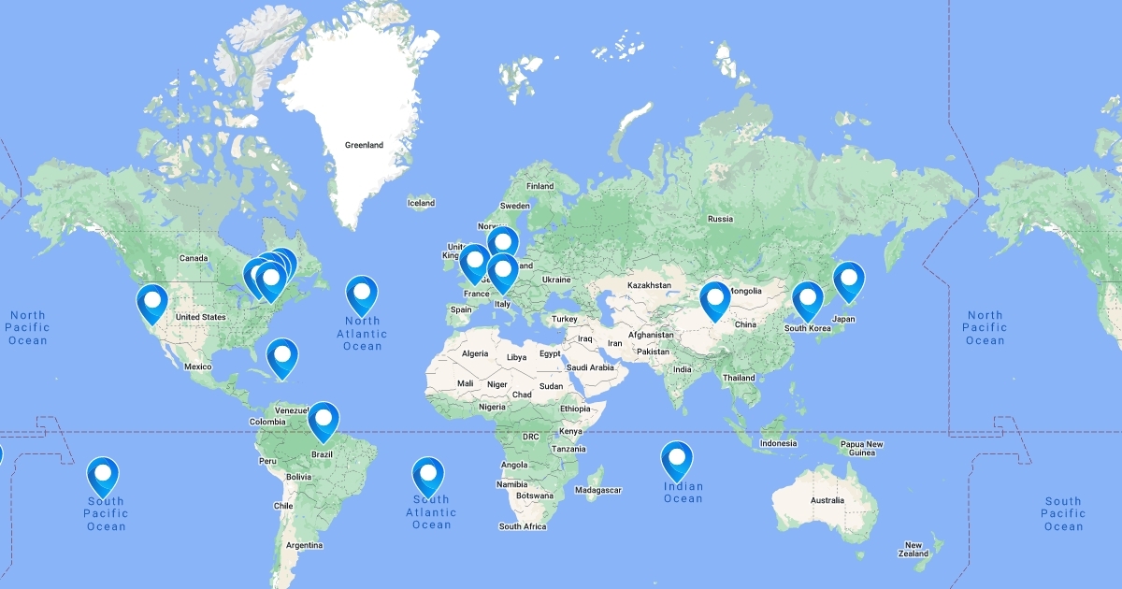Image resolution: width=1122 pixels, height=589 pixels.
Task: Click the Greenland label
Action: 364,146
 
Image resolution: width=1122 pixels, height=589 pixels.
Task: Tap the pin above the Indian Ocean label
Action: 677,459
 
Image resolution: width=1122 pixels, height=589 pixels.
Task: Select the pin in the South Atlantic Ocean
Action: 428,475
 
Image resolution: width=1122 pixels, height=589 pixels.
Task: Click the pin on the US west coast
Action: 151,302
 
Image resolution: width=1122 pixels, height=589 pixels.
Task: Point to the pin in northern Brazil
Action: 324,420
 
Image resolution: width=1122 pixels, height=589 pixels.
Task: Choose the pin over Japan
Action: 849,280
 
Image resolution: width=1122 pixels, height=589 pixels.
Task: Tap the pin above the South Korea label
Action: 808,299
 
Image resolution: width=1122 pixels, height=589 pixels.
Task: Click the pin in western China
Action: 715,299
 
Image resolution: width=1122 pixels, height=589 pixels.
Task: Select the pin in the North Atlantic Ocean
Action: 362,294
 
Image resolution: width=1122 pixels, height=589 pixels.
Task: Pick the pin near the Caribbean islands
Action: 282,357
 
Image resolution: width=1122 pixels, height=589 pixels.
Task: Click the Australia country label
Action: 827,500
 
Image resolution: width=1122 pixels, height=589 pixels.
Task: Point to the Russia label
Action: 720,219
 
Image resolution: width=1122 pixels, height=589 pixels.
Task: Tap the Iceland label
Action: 421,203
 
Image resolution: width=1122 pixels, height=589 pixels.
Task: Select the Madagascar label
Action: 598,490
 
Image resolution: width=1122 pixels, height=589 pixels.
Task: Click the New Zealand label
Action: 913,549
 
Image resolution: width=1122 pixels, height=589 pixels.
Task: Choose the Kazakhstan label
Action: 649,285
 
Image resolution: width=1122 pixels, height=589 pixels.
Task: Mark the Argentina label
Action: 304,545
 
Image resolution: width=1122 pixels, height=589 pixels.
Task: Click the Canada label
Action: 193,258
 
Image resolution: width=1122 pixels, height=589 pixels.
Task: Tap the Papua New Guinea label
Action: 861,448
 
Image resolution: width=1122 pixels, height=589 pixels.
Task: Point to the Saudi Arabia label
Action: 590,367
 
